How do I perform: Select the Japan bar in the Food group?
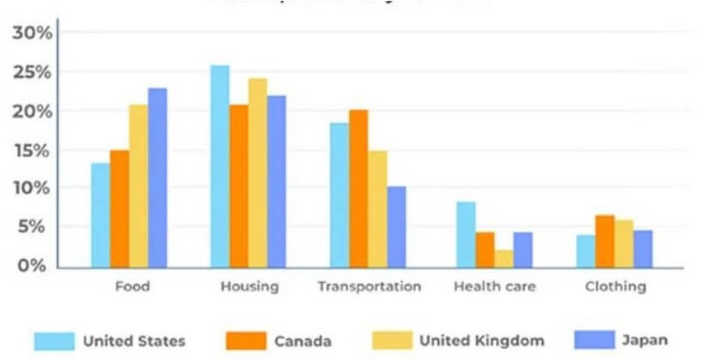(x=157, y=177)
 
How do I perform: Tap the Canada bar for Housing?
(x=238, y=186)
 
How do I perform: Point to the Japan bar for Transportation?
(x=396, y=227)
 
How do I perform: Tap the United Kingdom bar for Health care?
(x=503, y=259)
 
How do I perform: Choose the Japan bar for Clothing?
(x=643, y=249)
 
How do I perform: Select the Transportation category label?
(x=369, y=286)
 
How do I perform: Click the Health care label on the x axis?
(x=495, y=286)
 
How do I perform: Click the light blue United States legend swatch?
(x=53, y=340)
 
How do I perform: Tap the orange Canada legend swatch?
(x=244, y=340)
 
